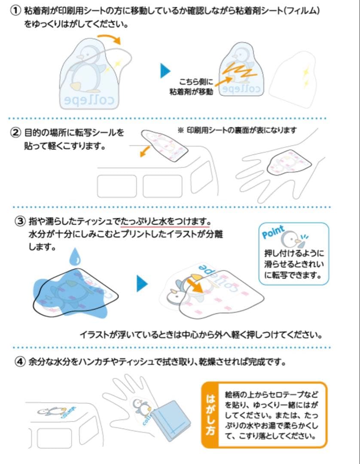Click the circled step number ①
[x=15, y=11]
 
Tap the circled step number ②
[x=15, y=132]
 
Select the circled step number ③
[x=20, y=221]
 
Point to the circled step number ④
[x=20, y=362]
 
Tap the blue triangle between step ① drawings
[x=165, y=71]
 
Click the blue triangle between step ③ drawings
[x=142, y=284]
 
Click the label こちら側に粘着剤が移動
[x=192, y=87]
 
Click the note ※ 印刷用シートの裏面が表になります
[x=237, y=130]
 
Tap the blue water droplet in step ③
[x=75, y=257]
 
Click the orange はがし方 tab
[x=211, y=415]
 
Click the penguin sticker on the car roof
[x=57, y=412]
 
